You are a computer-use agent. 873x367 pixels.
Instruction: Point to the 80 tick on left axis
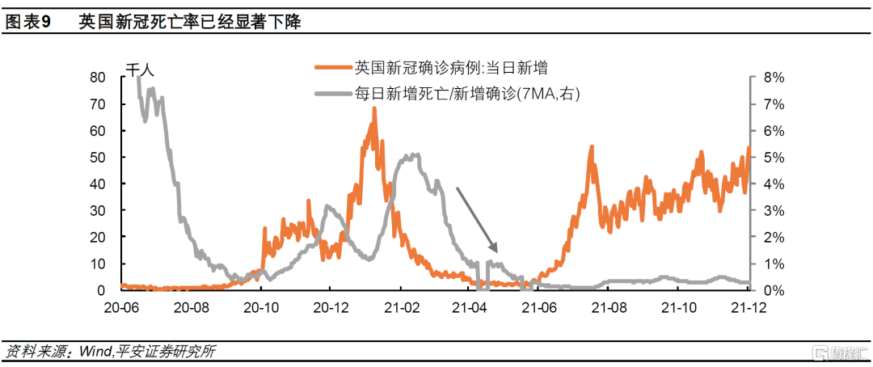97,78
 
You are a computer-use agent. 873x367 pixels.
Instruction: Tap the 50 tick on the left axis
97,158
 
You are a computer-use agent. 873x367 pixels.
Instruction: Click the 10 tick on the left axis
97,264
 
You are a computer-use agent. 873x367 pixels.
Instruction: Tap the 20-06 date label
122,307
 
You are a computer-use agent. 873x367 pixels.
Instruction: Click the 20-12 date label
331,307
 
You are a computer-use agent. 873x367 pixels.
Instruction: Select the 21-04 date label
470,307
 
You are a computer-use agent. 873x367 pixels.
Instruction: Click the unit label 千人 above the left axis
140,70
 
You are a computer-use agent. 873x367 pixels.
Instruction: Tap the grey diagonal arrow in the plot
477,219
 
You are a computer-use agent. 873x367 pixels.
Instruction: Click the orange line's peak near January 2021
373,109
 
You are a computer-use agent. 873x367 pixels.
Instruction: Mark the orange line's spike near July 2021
592,148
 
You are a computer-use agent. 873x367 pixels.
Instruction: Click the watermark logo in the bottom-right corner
841,352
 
